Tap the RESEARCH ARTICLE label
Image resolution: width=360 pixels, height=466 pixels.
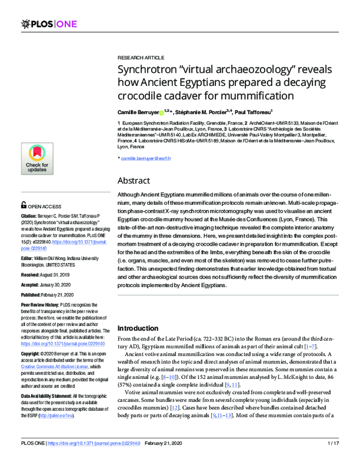tap(140, 58)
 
